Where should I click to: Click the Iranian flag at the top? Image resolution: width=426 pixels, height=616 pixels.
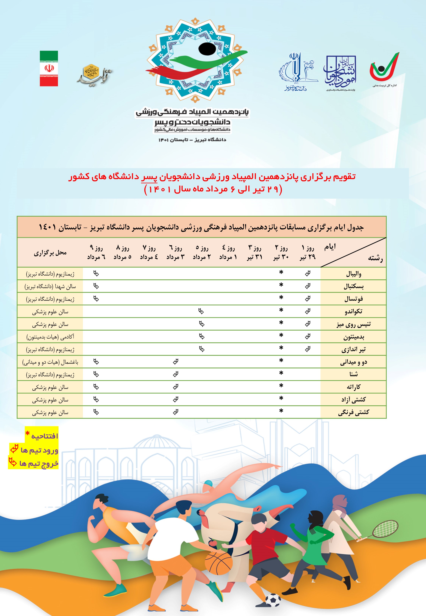[x=49, y=68]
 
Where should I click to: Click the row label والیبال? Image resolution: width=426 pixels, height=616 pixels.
[x=353, y=274]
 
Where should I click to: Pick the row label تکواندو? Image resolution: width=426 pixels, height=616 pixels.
[x=353, y=311]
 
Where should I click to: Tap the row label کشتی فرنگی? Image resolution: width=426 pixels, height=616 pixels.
[x=353, y=412]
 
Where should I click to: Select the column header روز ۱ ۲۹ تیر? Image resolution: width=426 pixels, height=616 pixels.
[x=308, y=252]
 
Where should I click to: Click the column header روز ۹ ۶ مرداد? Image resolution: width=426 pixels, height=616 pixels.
[x=96, y=252]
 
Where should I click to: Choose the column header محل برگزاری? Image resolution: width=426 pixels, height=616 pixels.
[x=50, y=253]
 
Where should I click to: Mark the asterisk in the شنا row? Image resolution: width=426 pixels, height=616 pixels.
[x=281, y=373]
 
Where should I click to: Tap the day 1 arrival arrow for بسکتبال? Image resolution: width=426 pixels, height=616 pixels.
[x=308, y=286]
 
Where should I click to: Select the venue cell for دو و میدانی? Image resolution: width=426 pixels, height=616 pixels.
[x=50, y=362]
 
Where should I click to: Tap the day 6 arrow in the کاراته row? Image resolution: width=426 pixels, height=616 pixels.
[x=175, y=387]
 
